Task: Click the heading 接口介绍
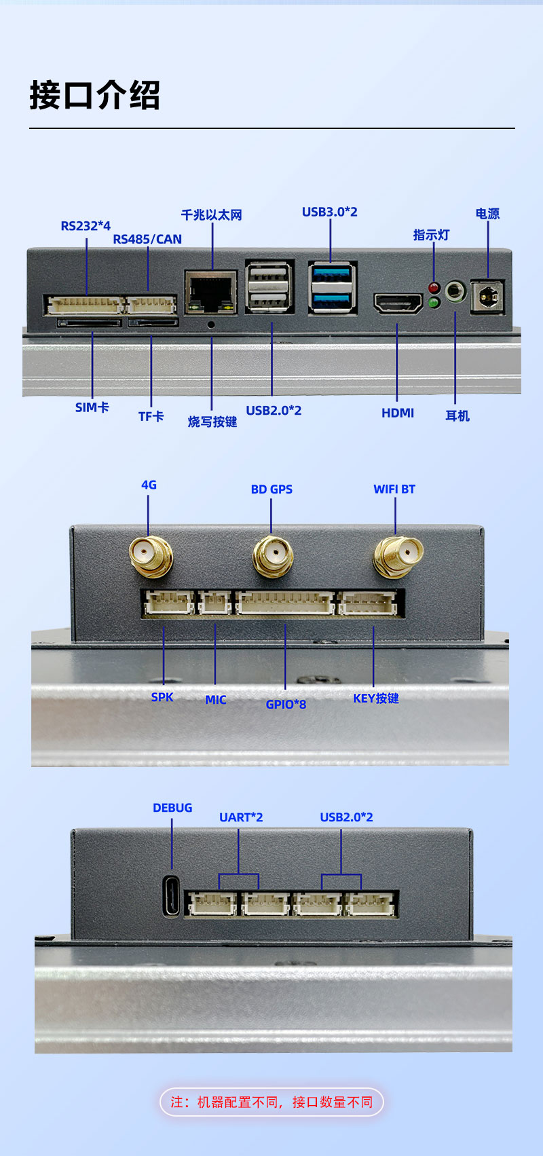click(95, 95)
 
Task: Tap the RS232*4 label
click(86, 226)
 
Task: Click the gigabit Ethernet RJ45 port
click(211, 292)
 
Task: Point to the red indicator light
click(434, 288)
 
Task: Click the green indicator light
click(434, 302)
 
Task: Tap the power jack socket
click(487, 296)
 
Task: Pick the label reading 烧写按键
click(212, 422)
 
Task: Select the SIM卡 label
click(92, 407)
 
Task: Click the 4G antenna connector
click(150, 555)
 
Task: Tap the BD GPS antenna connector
click(273, 555)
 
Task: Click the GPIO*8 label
click(286, 705)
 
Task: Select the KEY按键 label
click(375, 698)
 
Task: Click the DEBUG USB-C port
click(172, 896)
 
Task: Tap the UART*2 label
click(240, 817)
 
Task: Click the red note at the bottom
click(271, 1102)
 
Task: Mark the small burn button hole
click(211, 324)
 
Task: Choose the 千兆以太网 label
click(211, 215)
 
